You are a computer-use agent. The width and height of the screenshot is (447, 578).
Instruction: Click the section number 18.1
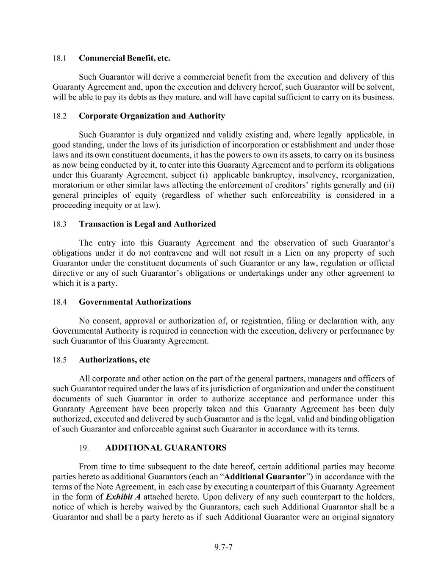pyautogui.click(x=59, y=58)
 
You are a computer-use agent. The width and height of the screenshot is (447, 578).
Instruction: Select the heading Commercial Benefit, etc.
pyautogui.click(x=125, y=58)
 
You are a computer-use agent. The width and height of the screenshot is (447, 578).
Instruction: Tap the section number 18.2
pyautogui.click(x=59, y=116)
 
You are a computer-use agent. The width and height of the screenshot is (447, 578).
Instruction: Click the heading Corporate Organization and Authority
pyautogui.click(x=152, y=116)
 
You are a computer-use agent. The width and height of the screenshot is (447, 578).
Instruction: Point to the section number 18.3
pyautogui.click(x=59, y=224)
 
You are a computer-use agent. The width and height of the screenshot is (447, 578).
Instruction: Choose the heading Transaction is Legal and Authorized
pyautogui.click(x=147, y=224)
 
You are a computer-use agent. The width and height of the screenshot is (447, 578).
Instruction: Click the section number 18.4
pyautogui.click(x=59, y=302)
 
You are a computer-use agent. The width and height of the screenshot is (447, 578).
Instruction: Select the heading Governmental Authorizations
pyautogui.click(x=135, y=302)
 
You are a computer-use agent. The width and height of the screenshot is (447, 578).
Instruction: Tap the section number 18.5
pyautogui.click(x=59, y=360)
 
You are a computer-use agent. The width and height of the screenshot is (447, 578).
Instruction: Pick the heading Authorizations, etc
pyautogui.click(x=114, y=360)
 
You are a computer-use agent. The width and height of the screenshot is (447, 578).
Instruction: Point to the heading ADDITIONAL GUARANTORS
pyautogui.click(x=166, y=448)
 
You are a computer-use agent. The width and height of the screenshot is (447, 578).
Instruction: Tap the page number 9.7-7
pyautogui.click(x=223, y=547)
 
